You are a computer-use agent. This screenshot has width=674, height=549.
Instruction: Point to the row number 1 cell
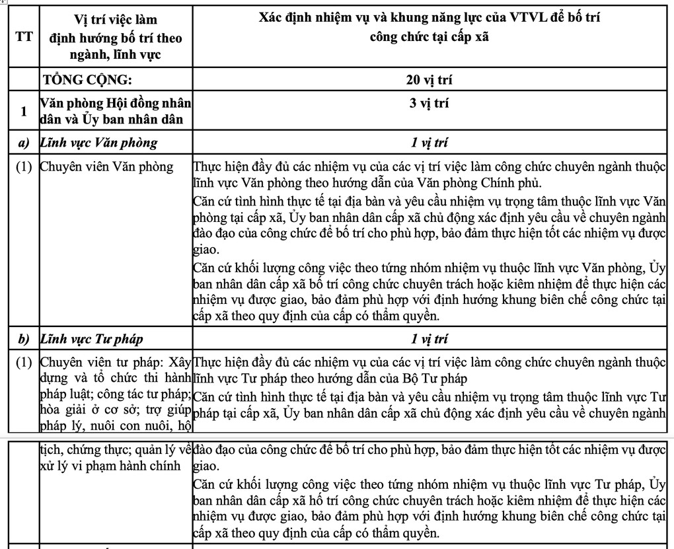(24, 112)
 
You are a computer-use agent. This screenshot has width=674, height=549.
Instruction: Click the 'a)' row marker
(24, 143)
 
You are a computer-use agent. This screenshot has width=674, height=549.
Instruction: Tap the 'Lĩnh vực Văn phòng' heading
(99, 143)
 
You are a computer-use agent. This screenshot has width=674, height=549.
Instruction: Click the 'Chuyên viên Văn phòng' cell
(106, 166)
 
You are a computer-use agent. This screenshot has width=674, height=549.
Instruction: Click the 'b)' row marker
(24, 340)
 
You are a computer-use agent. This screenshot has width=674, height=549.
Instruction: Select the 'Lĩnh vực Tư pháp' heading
(93, 340)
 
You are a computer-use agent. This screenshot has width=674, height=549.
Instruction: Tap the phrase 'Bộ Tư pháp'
(435, 379)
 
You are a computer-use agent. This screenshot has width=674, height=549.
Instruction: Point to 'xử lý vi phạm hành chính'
(110, 465)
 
